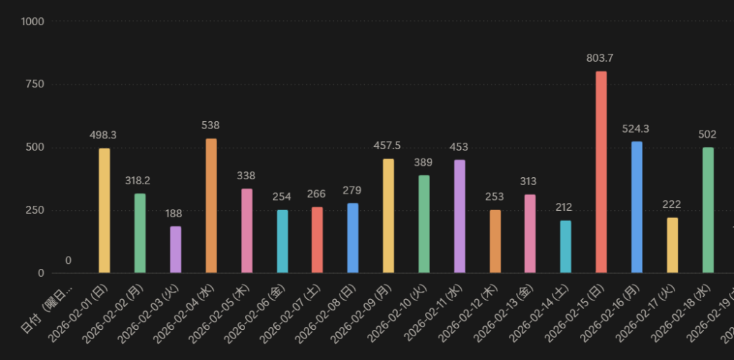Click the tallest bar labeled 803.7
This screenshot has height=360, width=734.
tap(601, 172)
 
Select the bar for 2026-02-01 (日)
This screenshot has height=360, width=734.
tap(105, 210)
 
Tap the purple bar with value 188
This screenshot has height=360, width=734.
tap(175, 250)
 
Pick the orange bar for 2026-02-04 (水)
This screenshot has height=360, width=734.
tap(211, 205)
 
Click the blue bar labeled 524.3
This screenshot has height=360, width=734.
tap(637, 207)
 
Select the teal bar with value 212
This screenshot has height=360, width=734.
tap(566, 247)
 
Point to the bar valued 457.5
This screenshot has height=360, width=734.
tap(388, 215)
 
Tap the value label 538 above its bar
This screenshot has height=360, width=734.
tap(211, 125)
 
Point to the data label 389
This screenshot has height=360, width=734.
tap(423, 163)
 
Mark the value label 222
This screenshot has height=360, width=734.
tap(672, 204)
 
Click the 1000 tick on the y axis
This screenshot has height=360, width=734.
tap(33, 22)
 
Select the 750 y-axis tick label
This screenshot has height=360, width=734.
tap(35, 84)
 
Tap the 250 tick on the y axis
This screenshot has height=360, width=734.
tap(35, 210)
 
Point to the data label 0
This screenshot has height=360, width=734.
tap(68, 260)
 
